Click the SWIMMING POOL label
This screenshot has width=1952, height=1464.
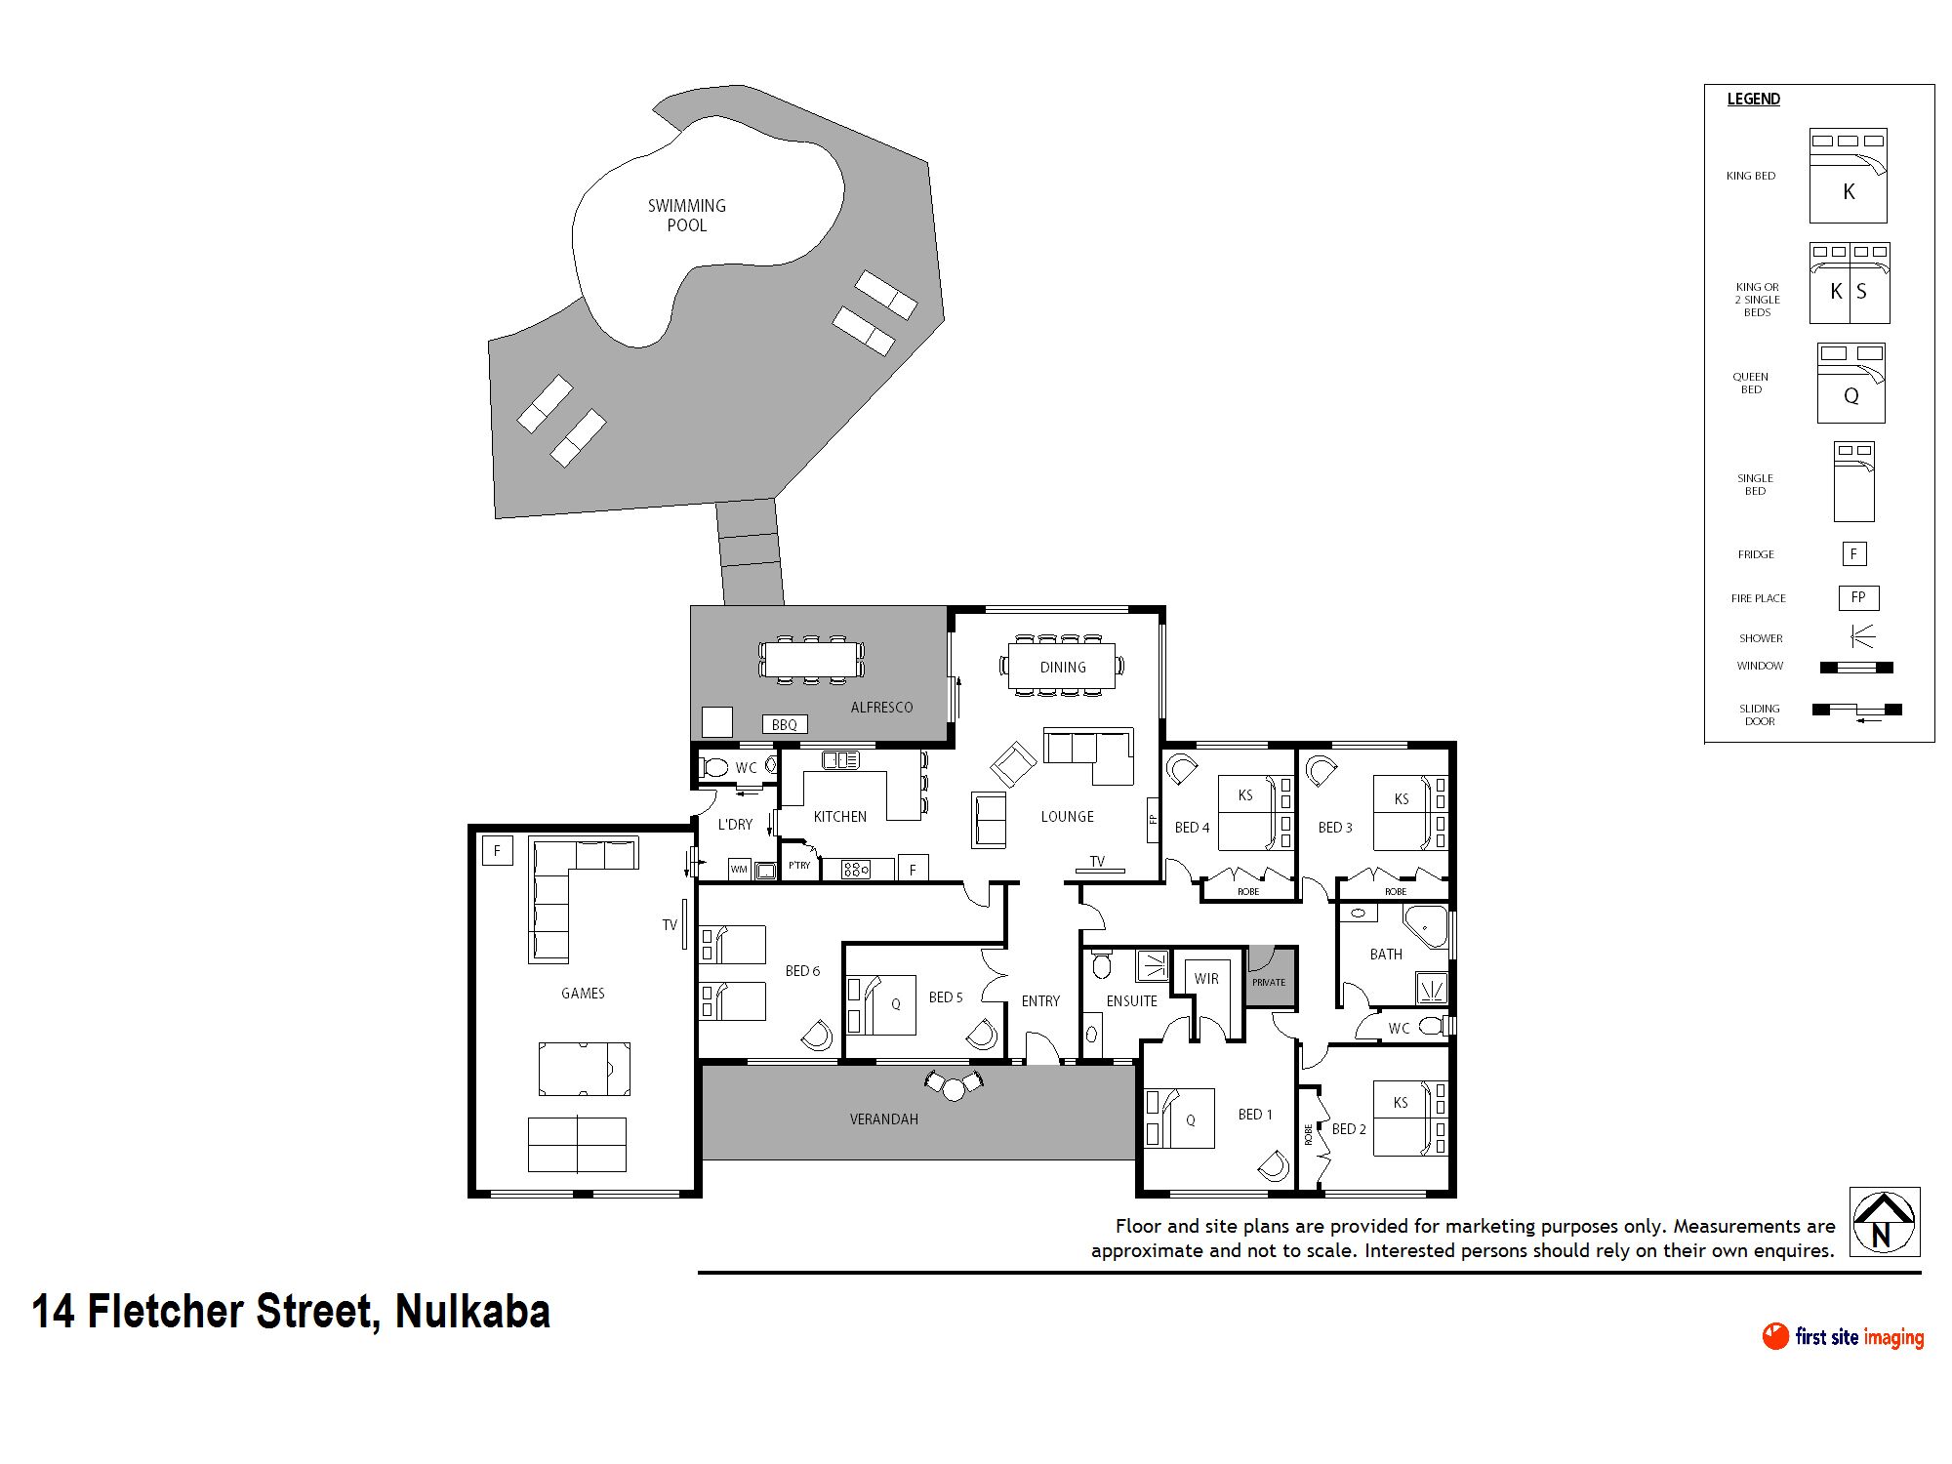click(x=687, y=215)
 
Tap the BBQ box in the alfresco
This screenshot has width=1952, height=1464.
click(x=785, y=724)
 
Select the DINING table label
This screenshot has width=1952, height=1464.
click(x=1062, y=668)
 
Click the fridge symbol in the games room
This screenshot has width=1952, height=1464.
click(x=498, y=850)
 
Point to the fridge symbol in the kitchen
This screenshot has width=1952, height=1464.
click(x=913, y=869)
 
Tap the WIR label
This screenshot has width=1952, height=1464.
click(x=1206, y=978)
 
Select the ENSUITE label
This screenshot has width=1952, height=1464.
click(x=1131, y=1001)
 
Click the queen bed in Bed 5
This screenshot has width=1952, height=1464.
click(x=882, y=1004)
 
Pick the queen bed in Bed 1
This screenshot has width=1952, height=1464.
click(x=1180, y=1118)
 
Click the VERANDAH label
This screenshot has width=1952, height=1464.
click(x=883, y=1119)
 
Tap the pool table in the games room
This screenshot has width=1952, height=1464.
click(x=584, y=1069)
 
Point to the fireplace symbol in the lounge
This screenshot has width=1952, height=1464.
click(x=1153, y=819)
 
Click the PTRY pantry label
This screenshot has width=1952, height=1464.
click(x=799, y=866)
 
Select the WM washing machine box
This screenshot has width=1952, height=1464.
click(x=739, y=869)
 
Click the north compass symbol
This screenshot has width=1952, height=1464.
click(x=1885, y=1222)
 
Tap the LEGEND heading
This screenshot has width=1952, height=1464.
click(x=1753, y=99)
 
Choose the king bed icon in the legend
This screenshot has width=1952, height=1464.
click(x=1848, y=176)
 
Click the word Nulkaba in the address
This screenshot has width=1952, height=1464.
click(x=472, y=1311)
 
